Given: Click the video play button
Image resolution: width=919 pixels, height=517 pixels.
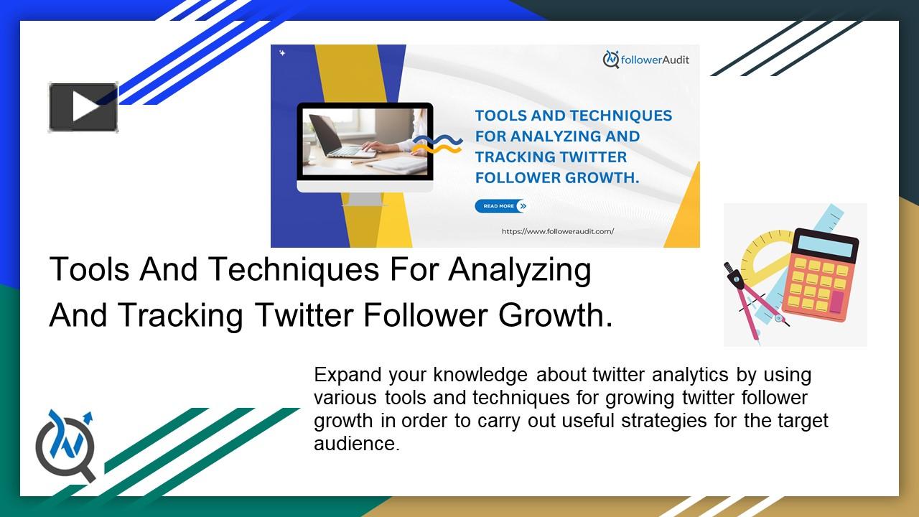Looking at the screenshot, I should point(83,107).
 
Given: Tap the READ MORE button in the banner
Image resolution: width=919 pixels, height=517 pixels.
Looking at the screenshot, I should point(500,206).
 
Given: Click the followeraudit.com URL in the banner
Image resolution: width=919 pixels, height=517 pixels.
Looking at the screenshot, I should point(558,231).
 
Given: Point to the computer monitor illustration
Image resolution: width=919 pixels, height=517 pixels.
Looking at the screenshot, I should point(365,147).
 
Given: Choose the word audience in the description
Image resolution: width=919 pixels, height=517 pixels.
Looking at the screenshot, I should point(355,444).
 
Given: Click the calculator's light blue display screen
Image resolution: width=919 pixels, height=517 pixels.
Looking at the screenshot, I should point(826,246).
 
